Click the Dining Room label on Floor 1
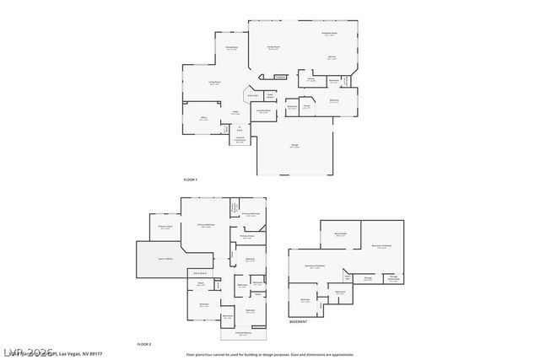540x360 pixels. point(230,48)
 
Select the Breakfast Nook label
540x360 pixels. point(329,35)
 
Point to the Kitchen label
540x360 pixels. point(332,58)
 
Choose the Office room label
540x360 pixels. point(202,119)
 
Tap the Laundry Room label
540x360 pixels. point(263,111)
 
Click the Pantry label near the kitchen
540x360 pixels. point(310,80)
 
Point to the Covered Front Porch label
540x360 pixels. point(240,140)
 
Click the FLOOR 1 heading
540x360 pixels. point(190,180)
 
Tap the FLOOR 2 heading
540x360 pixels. point(144,344)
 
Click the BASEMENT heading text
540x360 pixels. point(298,322)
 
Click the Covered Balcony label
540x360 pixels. point(243,334)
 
